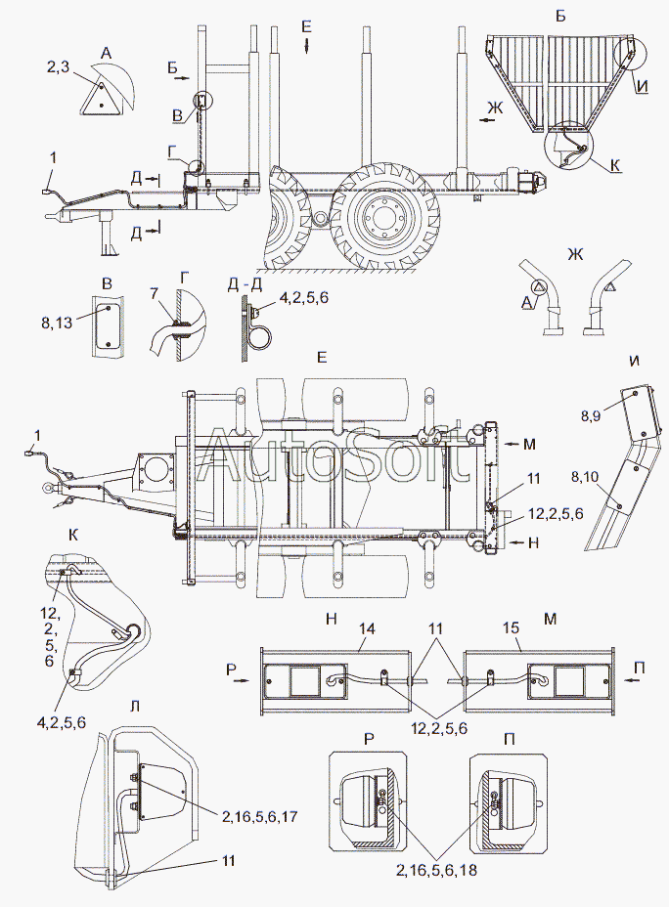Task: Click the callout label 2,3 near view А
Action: click(x=60, y=68)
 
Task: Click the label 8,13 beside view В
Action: click(x=56, y=323)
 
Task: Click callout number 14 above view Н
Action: click(x=367, y=628)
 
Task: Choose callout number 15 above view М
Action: click(x=512, y=628)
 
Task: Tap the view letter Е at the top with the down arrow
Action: click(x=307, y=36)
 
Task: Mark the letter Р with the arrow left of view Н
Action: click(x=238, y=673)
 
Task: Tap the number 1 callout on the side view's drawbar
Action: click(x=54, y=157)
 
